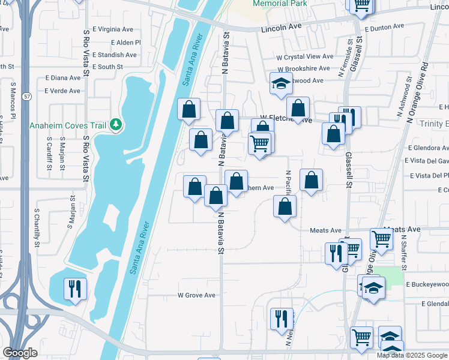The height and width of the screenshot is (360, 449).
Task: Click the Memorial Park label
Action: (280, 4)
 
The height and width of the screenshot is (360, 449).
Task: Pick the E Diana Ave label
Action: (62, 78)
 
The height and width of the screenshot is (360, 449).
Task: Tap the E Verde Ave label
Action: (62, 91)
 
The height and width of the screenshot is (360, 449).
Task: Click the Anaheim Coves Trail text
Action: (67, 125)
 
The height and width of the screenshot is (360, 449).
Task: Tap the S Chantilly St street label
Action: (37, 227)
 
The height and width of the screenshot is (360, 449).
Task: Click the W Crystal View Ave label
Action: (304, 56)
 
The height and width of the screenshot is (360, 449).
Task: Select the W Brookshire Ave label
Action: (304, 69)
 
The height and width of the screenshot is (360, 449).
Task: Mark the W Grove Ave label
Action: (196, 295)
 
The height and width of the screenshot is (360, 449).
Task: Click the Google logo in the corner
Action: (20, 353)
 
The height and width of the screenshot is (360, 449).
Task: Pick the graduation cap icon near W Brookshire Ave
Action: (280, 85)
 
